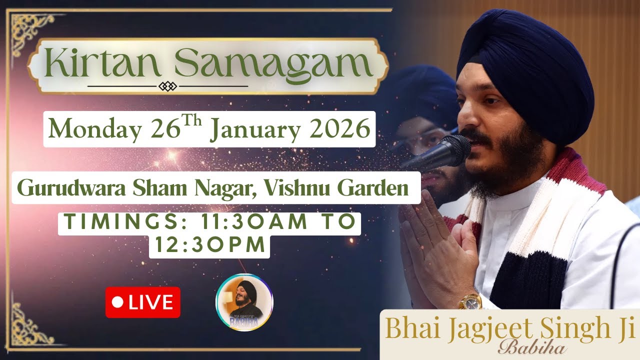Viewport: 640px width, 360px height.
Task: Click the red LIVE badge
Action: pos(142,302)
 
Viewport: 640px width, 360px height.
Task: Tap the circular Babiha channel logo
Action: pos(244,302)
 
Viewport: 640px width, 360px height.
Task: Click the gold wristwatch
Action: pos(470,301)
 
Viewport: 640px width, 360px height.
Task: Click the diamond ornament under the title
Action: pos(167,86)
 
